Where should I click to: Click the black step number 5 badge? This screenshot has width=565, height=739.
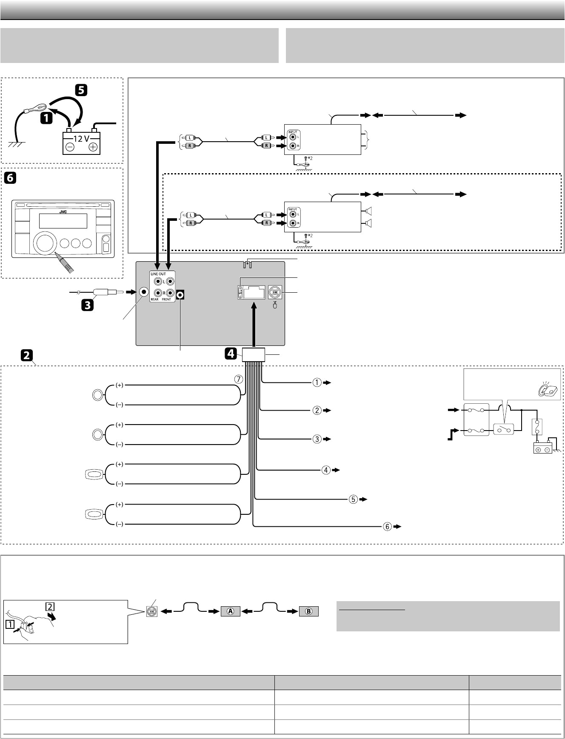pyautogui.click(x=81, y=91)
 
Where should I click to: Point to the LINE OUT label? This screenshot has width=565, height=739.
pyautogui.click(x=158, y=274)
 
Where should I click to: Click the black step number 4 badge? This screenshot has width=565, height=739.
pyautogui.click(x=231, y=354)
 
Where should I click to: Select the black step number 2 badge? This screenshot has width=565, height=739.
pyautogui.click(x=27, y=355)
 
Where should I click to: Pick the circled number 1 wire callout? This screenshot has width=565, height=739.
pyautogui.click(x=317, y=382)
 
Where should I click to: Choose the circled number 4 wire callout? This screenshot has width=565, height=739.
pyautogui.click(x=326, y=470)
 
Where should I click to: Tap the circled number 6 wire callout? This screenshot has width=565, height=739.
pyautogui.click(x=387, y=526)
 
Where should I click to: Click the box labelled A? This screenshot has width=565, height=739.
pyautogui.click(x=231, y=611)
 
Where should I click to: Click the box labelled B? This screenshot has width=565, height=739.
pyautogui.click(x=309, y=611)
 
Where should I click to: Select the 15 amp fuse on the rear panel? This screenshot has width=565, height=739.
pyautogui.click(x=240, y=292)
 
